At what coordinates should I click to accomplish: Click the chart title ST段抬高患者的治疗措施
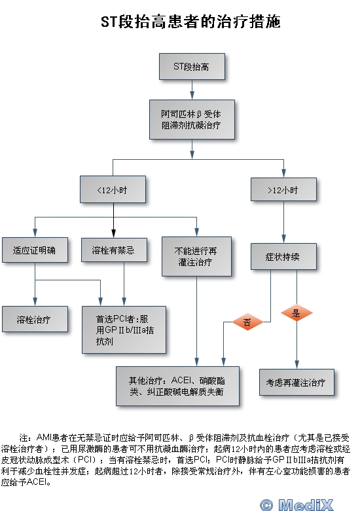coord(190,22)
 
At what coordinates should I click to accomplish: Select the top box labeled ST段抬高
coord(192,66)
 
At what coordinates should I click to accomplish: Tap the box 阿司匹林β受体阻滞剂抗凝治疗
coord(192,120)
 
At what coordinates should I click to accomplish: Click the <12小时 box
coord(113,189)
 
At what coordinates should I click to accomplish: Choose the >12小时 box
coord(283,189)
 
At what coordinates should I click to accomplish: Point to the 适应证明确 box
coord(35,250)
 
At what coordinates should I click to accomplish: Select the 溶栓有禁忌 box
coord(114,250)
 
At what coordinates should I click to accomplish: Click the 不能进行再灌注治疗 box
coord(196,256)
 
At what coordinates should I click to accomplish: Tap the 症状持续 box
coord(283,256)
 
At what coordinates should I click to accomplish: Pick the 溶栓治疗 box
coord(35,319)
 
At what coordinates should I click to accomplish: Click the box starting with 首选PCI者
coord(124,330)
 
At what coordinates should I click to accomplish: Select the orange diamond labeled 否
coord(247,322)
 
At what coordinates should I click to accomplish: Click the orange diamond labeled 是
coord(297,313)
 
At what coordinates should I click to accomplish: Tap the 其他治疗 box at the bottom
coord(178,386)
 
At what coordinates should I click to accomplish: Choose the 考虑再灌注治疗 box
coord(297,383)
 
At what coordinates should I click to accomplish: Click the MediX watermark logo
coord(297,505)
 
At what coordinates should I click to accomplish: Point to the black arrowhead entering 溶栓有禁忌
coord(114,233)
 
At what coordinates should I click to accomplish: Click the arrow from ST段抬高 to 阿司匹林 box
coord(192,90)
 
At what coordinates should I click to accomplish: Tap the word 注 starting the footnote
coord(24,438)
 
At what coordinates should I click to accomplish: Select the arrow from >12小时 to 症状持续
coord(283,222)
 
